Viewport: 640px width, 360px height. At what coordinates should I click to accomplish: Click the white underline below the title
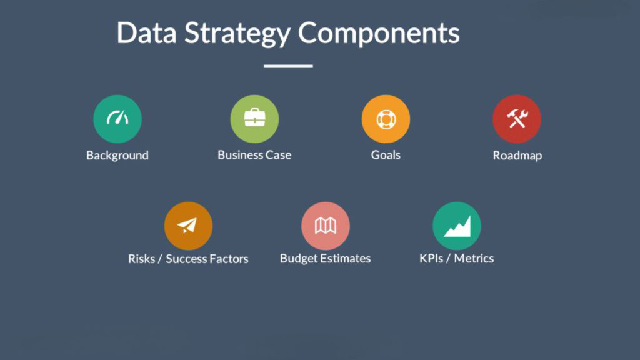[288, 66]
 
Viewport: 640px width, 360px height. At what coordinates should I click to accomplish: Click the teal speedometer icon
[117, 119]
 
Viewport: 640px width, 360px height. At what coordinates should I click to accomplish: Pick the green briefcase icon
[254, 119]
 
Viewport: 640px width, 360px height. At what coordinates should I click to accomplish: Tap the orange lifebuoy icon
[386, 119]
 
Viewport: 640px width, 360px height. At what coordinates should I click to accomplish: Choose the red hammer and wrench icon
[517, 119]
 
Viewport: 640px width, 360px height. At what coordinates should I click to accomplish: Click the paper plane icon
[188, 226]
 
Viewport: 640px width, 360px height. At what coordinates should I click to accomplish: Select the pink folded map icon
[326, 226]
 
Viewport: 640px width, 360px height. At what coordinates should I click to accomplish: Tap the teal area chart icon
[457, 226]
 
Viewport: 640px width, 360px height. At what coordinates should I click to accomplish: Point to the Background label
[117, 155]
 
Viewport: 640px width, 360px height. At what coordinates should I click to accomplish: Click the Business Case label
[254, 155]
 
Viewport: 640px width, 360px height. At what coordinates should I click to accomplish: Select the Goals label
[386, 155]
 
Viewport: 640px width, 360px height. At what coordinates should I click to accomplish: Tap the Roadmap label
[517, 156]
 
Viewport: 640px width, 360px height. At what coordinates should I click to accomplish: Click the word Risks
[142, 259]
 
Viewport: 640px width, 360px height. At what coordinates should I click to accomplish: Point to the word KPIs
[432, 259]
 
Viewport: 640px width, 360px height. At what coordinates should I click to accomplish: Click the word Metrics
[474, 259]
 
